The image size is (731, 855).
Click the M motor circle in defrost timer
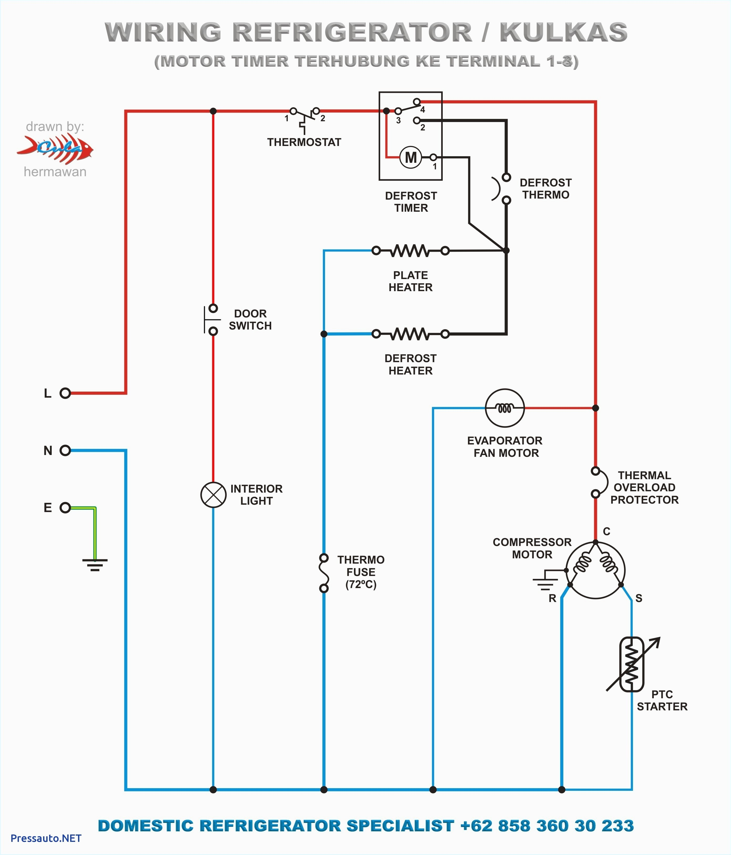pyautogui.click(x=411, y=157)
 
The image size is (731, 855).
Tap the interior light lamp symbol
pyautogui.click(x=213, y=494)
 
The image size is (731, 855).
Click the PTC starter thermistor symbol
pyautogui.click(x=631, y=664)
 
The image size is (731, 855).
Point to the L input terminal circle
pyautogui.click(x=65, y=393)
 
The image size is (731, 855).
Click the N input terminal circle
pyautogui.click(x=65, y=450)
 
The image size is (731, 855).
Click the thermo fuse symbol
pyautogui.click(x=324, y=573)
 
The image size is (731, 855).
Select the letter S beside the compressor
pyautogui.click(x=639, y=598)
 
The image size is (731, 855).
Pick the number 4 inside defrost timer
pyautogui.click(x=423, y=110)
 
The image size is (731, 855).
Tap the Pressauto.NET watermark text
pyautogui.click(x=46, y=838)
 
